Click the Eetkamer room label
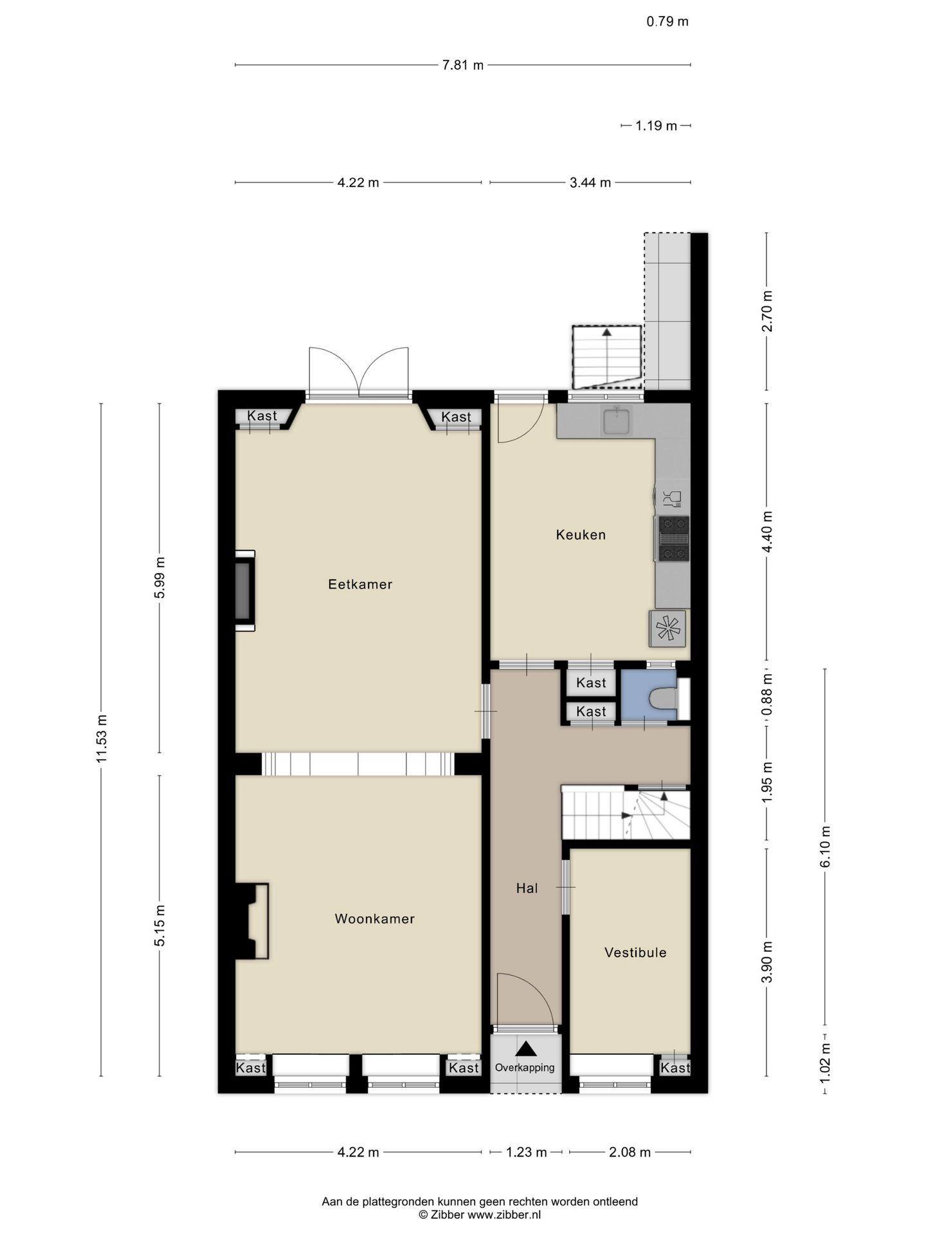[360, 584]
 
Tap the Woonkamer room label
[374, 919]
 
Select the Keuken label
[581, 535]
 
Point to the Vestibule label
[635, 953]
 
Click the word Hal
[527, 888]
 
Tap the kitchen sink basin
[617, 421]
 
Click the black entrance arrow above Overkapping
[526, 1048]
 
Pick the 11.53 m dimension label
[102, 739]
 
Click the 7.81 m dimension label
[463, 65]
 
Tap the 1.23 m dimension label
[527, 1152]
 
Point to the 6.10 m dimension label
[826, 846]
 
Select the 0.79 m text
[667, 21]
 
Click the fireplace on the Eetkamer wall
[244, 590]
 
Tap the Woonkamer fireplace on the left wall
[252, 922]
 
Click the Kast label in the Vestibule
[675, 1068]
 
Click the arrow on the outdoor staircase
[606, 353]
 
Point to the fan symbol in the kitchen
[668, 628]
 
